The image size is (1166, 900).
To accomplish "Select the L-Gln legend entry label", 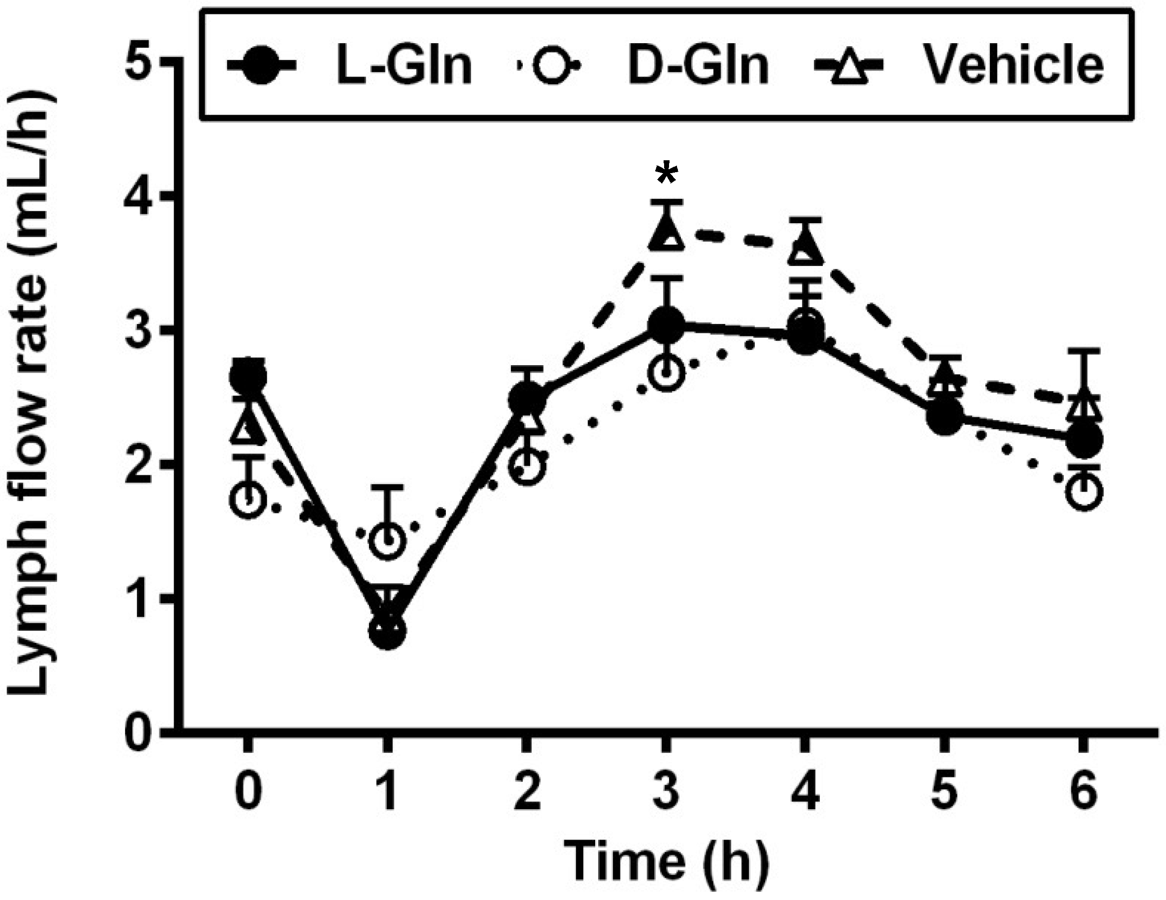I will click(x=404, y=65).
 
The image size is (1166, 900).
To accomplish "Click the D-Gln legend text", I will click(x=698, y=65).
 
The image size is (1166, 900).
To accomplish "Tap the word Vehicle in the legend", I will click(x=1014, y=65).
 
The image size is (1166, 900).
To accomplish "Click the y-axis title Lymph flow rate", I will click(x=33, y=395).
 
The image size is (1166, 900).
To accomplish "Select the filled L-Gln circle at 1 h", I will click(x=388, y=630).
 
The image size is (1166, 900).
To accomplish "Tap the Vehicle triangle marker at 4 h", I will click(x=805, y=250).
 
